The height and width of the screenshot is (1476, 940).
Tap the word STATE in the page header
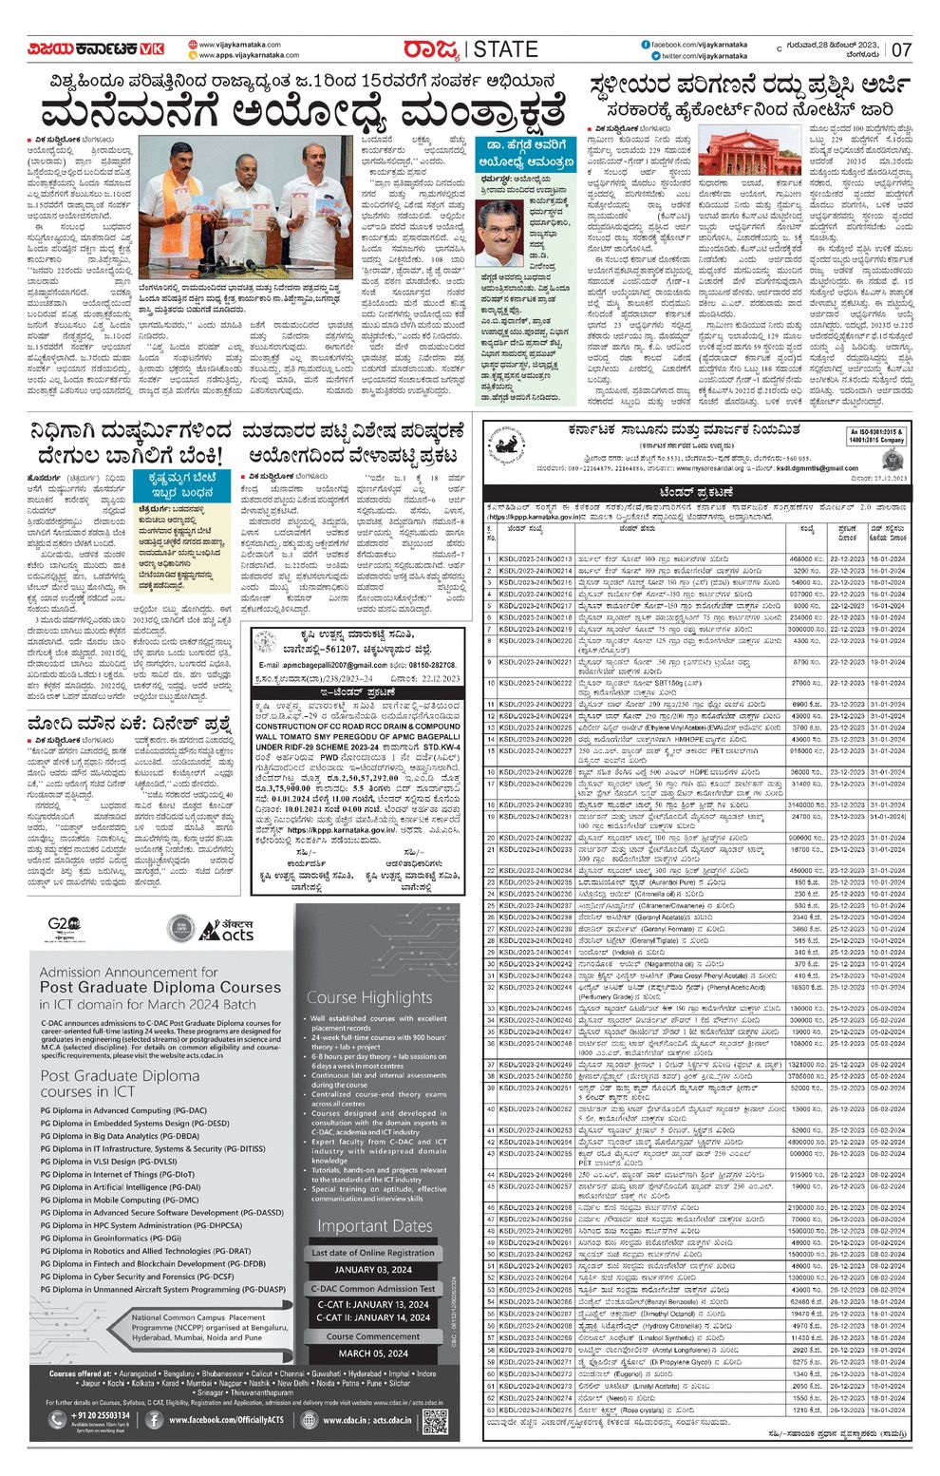point(505,49)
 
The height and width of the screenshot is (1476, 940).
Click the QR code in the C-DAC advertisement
point(435,1421)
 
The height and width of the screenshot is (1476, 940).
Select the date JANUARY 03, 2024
point(373,1269)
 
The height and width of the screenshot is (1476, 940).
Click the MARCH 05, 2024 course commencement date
point(373,1353)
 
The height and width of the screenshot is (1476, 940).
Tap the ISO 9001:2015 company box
point(877,436)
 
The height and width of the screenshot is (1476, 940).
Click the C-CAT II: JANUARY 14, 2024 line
point(373,1317)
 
